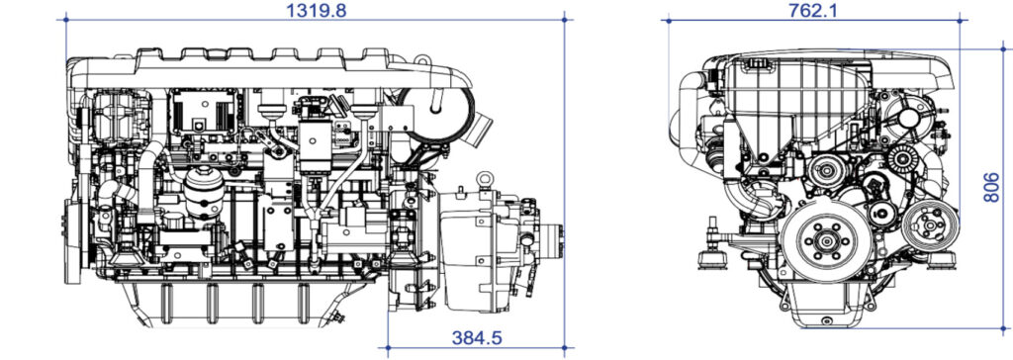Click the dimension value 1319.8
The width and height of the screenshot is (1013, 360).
(317, 10)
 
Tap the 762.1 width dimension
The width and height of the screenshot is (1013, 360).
(816, 10)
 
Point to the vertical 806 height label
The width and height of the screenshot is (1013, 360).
(992, 183)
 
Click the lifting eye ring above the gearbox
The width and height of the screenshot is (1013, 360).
(486, 180)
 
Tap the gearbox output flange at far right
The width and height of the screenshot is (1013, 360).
(562, 242)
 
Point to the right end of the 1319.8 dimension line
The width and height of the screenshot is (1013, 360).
(564, 18)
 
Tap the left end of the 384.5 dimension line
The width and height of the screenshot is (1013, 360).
(384, 347)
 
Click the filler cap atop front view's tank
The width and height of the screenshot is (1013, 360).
(758, 63)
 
